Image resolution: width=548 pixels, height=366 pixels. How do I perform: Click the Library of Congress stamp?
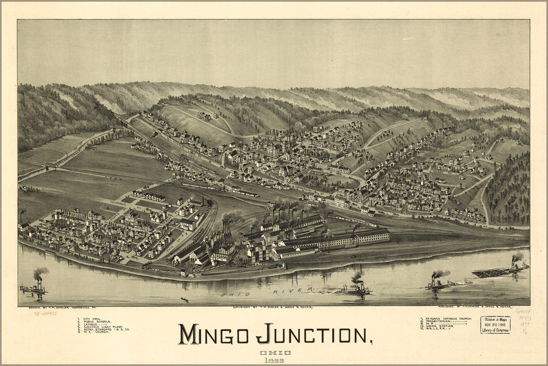click(495, 325)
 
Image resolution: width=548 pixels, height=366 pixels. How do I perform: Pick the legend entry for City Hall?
click(90, 318)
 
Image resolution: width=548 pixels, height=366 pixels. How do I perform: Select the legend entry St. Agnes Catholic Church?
click(447, 318)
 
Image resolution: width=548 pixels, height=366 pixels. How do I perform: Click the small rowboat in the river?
click(184, 300)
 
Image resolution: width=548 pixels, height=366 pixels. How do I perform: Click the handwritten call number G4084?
click(523, 312)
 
